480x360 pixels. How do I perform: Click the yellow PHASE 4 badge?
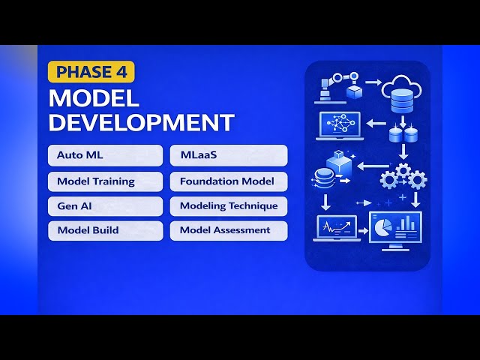click(x=91, y=72)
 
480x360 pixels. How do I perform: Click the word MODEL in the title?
click(x=94, y=97)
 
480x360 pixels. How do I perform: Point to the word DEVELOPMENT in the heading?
click(x=141, y=121)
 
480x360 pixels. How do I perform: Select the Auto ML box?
click(x=104, y=155)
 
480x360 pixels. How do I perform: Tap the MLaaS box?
click(x=229, y=155)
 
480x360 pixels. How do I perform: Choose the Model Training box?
click(x=104, y=181)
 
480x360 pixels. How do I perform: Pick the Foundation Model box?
click(x=229, y=181)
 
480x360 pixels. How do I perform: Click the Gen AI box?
click(x=104, y=205)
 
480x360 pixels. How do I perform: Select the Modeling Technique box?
click(x=229, y=205)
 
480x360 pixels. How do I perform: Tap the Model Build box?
click(x=104, y=230)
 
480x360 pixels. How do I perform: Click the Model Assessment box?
click(x=229, y=230)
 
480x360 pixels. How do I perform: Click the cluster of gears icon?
click(x=403, y=177)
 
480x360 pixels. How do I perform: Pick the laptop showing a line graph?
click(x=334, y=227)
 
